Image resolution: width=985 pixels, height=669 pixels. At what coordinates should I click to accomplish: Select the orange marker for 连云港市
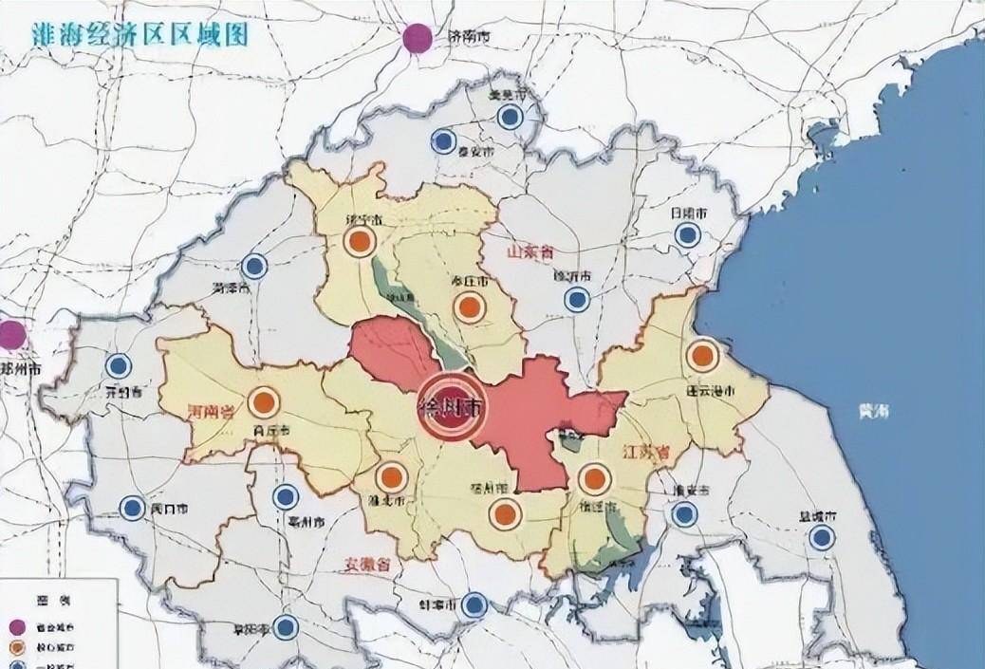tap(702, 356)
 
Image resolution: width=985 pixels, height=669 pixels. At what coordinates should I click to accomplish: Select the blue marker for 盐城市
tap(822, 538)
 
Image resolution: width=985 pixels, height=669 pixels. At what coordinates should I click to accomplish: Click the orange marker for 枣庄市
tap(469, 307)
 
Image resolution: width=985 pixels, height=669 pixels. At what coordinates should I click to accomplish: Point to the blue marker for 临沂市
tap(576, 300)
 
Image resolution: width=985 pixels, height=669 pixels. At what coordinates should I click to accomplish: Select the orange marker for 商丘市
tap(263, 402)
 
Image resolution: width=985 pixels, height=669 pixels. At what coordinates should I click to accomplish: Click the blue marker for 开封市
tap(118, 365)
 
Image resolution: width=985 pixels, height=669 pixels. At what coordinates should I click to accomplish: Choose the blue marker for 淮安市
tap(682, 514)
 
